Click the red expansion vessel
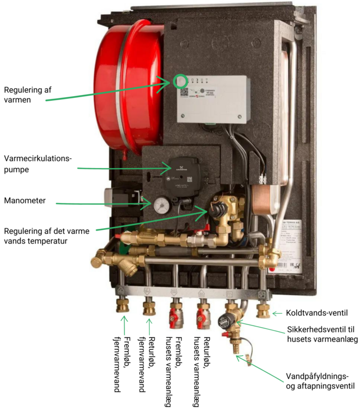[x=127, y=84]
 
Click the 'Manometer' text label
[x=26, y=201]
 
